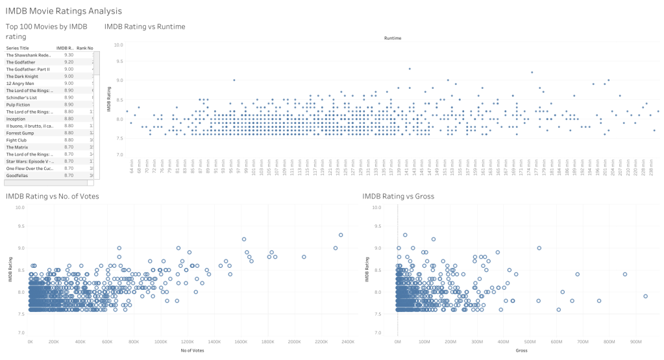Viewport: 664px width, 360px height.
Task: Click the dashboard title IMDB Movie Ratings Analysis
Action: click(x=63, y=11)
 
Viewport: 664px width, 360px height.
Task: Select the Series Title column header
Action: click(x=18, y=48)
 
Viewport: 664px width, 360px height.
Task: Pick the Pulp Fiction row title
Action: click(x=19, y=104)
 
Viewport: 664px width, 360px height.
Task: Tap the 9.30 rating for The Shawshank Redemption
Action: click(x=68, y=54)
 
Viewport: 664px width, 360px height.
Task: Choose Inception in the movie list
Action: click(x=16, y=119)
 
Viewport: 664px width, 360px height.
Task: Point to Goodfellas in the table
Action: click(x=18, y=175)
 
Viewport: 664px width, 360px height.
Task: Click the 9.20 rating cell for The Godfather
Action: click(x=68, y=62)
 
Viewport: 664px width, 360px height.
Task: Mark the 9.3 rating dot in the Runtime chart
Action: click(x=410, y=68)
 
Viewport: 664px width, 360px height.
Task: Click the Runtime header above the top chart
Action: click(x=393, y=38)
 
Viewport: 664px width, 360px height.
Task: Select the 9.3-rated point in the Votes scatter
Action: click(x=341, y=235)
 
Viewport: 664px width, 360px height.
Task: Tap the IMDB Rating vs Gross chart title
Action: click(x=398, y=196)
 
